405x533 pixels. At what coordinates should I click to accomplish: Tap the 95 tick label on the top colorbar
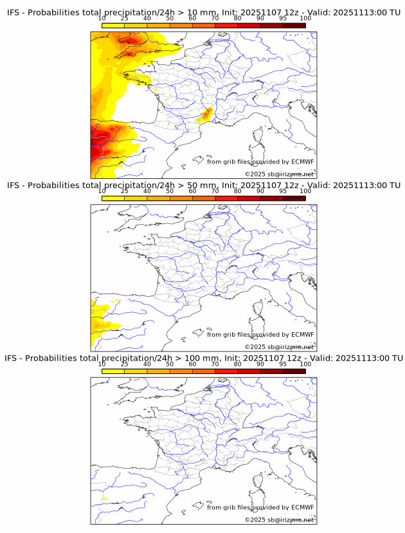pyautogui.click(x=283, y=18)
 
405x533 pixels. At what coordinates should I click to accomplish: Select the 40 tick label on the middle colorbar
pyautogui.click(x=147, y=191)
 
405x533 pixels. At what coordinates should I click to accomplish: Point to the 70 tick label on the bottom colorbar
pyautogui.click(x=215, y=364)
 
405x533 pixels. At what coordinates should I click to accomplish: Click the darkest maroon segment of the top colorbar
pyautogui.click(x=294, y=25)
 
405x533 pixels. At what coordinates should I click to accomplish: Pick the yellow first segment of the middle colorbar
pyautogui.click(x=113, y=198)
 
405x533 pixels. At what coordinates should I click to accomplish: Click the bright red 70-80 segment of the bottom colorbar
pyautogui.click(x=226, y=371)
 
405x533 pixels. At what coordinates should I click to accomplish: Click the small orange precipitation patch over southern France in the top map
pyautogui.click(x=205, y=116)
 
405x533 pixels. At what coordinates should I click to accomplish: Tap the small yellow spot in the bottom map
pyautogui.click(x=105, y=499)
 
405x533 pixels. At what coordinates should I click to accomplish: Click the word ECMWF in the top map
pyautogui.click(x=302, y=162)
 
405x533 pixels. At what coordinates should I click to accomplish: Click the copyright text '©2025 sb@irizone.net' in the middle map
pyautogui.click(x=279, y=347)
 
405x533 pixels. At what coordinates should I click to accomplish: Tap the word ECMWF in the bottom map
pyautogui.click(x=302, y=507)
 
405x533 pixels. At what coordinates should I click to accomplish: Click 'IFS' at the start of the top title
pyautogui.click(x=14, y=12)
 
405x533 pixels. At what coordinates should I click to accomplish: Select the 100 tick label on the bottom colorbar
pyautogui.click(x=305, y=364)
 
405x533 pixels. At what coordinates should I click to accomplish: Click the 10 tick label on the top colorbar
pyautogui.click(x=102, y=18)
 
